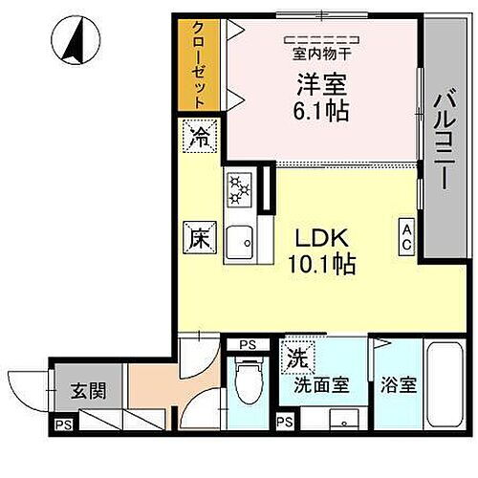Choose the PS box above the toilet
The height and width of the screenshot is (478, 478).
click(x=248, y=345)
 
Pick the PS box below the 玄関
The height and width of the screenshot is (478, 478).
click(x=63, y=425)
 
